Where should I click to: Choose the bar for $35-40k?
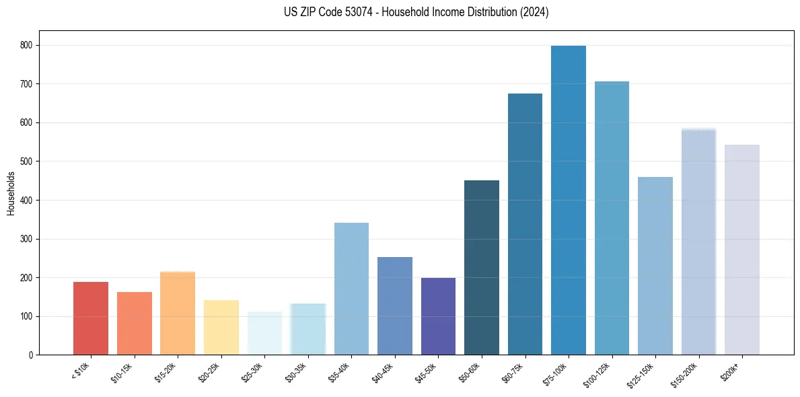[351, 289]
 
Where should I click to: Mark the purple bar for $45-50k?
[438, 316]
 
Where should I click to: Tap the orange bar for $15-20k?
[178, 313]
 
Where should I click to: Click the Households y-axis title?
[11, 192]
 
